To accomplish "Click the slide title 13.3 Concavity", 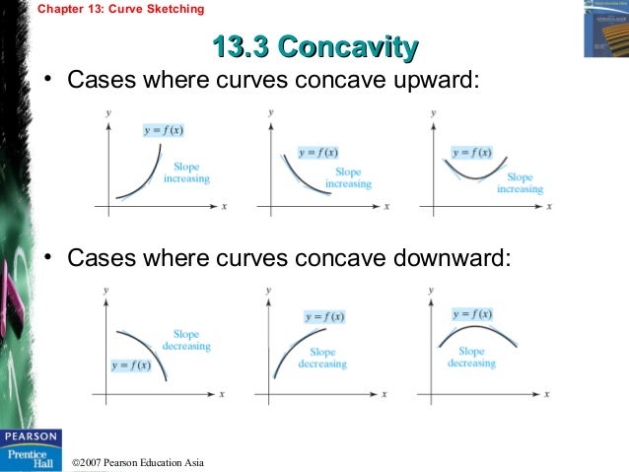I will [x=314, y=46].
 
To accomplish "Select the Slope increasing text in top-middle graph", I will [x=348, y=177].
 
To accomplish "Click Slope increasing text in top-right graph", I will [x=520, y=182].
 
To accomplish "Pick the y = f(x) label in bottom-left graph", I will [x=132, y=366].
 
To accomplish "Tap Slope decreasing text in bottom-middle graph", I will [x=321, y=358].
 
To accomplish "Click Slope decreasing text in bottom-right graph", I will [x=471, y=357].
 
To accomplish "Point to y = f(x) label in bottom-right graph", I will [x=472, y=314].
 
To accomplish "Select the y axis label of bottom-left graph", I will [x=106, y=293].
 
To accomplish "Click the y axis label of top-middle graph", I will [x=270, y=114].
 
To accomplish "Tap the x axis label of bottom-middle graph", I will [x=385, y=394].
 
